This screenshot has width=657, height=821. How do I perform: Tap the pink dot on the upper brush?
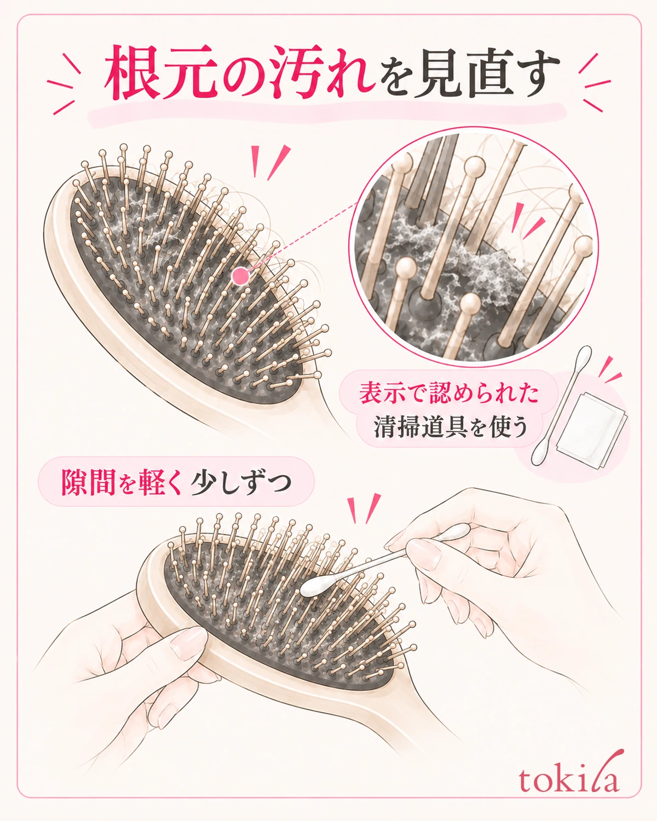point(240,276)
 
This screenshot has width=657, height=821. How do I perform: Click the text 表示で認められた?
point(449,392)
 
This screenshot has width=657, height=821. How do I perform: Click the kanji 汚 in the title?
point(298,72)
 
